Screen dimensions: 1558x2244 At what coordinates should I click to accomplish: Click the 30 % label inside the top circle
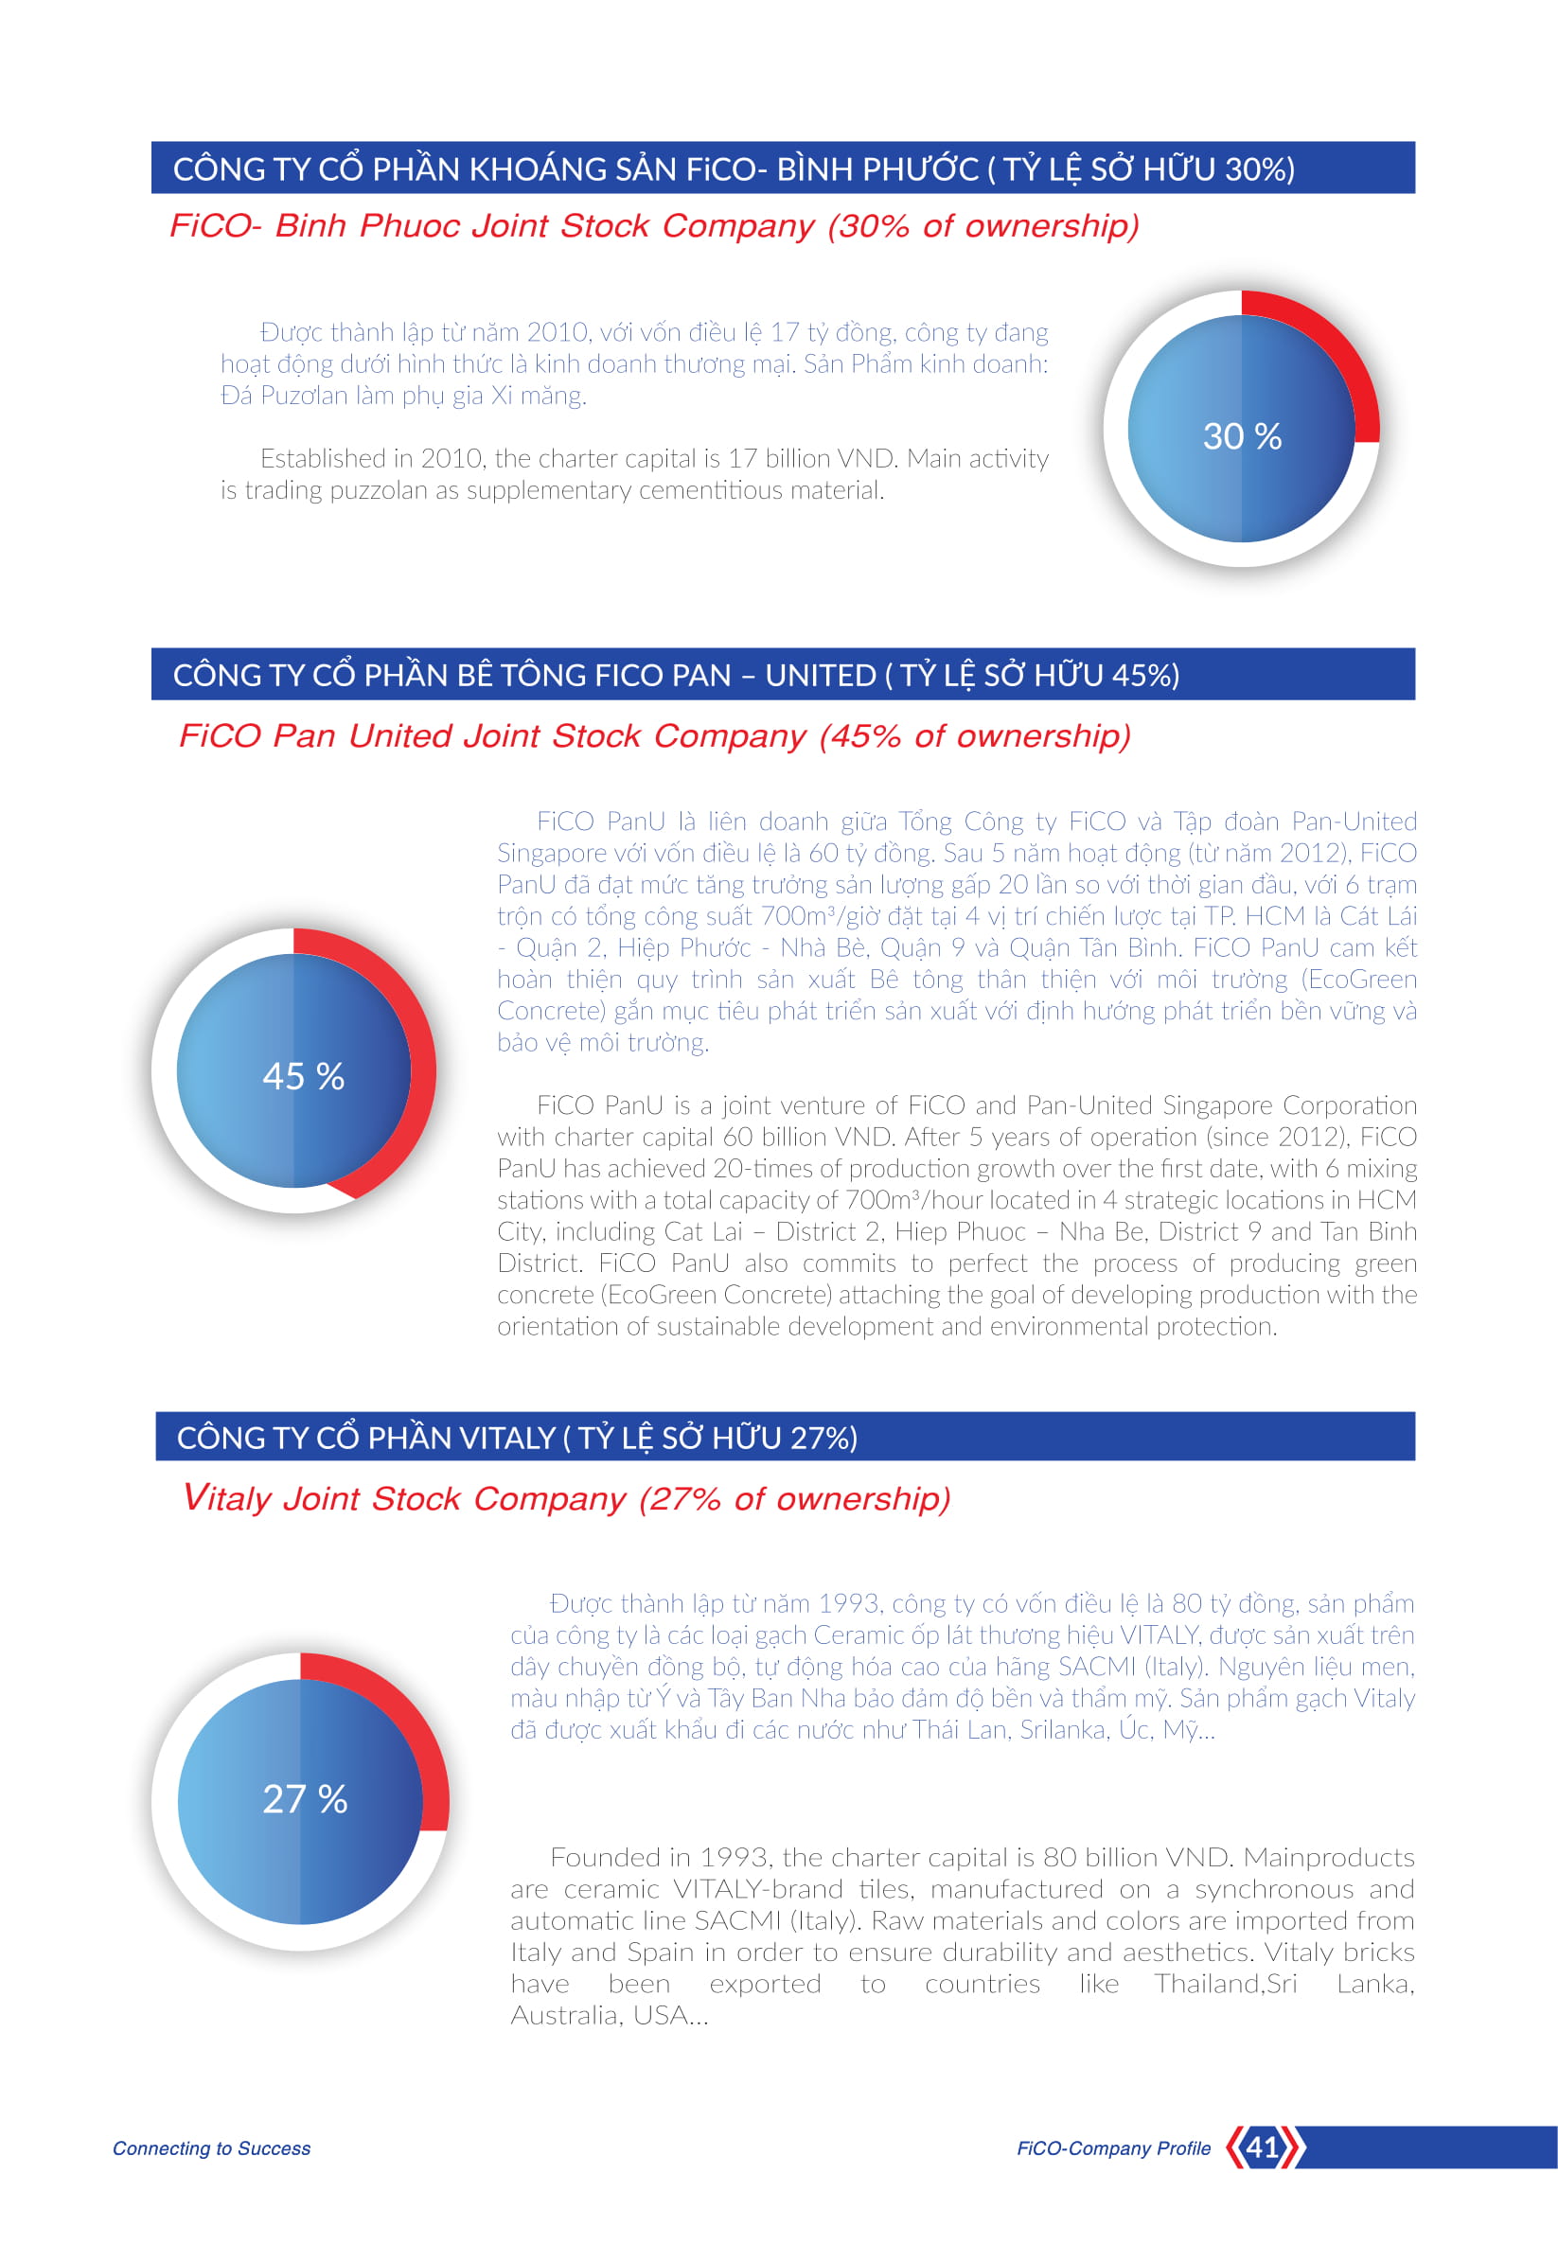tap(1242, 436)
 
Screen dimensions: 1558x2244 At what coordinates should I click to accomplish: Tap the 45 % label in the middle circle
tap(304, 1077)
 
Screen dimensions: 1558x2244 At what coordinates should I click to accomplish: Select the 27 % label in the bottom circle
tap(306, 1799)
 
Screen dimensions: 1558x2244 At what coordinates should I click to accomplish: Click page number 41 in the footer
tap(1264, 2147)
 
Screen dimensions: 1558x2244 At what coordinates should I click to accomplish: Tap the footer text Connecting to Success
tap(212, 2148)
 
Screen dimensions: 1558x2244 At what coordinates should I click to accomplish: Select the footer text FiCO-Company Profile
tap(1114, 2148)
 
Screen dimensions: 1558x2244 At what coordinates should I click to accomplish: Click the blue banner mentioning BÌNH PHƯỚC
tap(783, 168)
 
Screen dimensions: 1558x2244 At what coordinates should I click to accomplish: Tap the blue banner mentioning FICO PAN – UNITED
tap(783, 675)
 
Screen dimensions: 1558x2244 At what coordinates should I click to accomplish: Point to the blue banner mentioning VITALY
tap(786, 1437)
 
